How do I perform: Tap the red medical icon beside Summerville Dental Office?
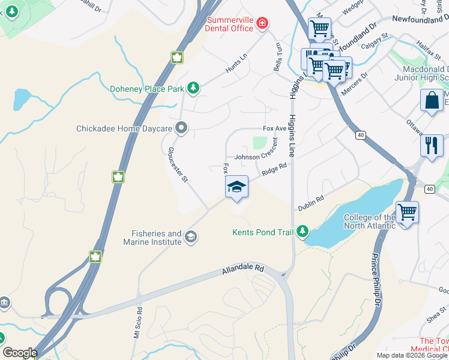click(x=262, y=23)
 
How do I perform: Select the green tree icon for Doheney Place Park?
click(x=193, y=89)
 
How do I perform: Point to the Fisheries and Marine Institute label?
click(x=157, y=238)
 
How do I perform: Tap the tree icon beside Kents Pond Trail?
click(x=303, y=232)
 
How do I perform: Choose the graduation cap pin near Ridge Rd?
click(x=237, y=187)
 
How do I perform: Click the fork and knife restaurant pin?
click(x=432, y=146)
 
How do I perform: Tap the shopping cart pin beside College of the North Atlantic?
click(x=407, y=212)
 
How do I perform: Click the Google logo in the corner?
click(x=20, y=353)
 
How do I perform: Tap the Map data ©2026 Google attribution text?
click(x=411, y=355)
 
